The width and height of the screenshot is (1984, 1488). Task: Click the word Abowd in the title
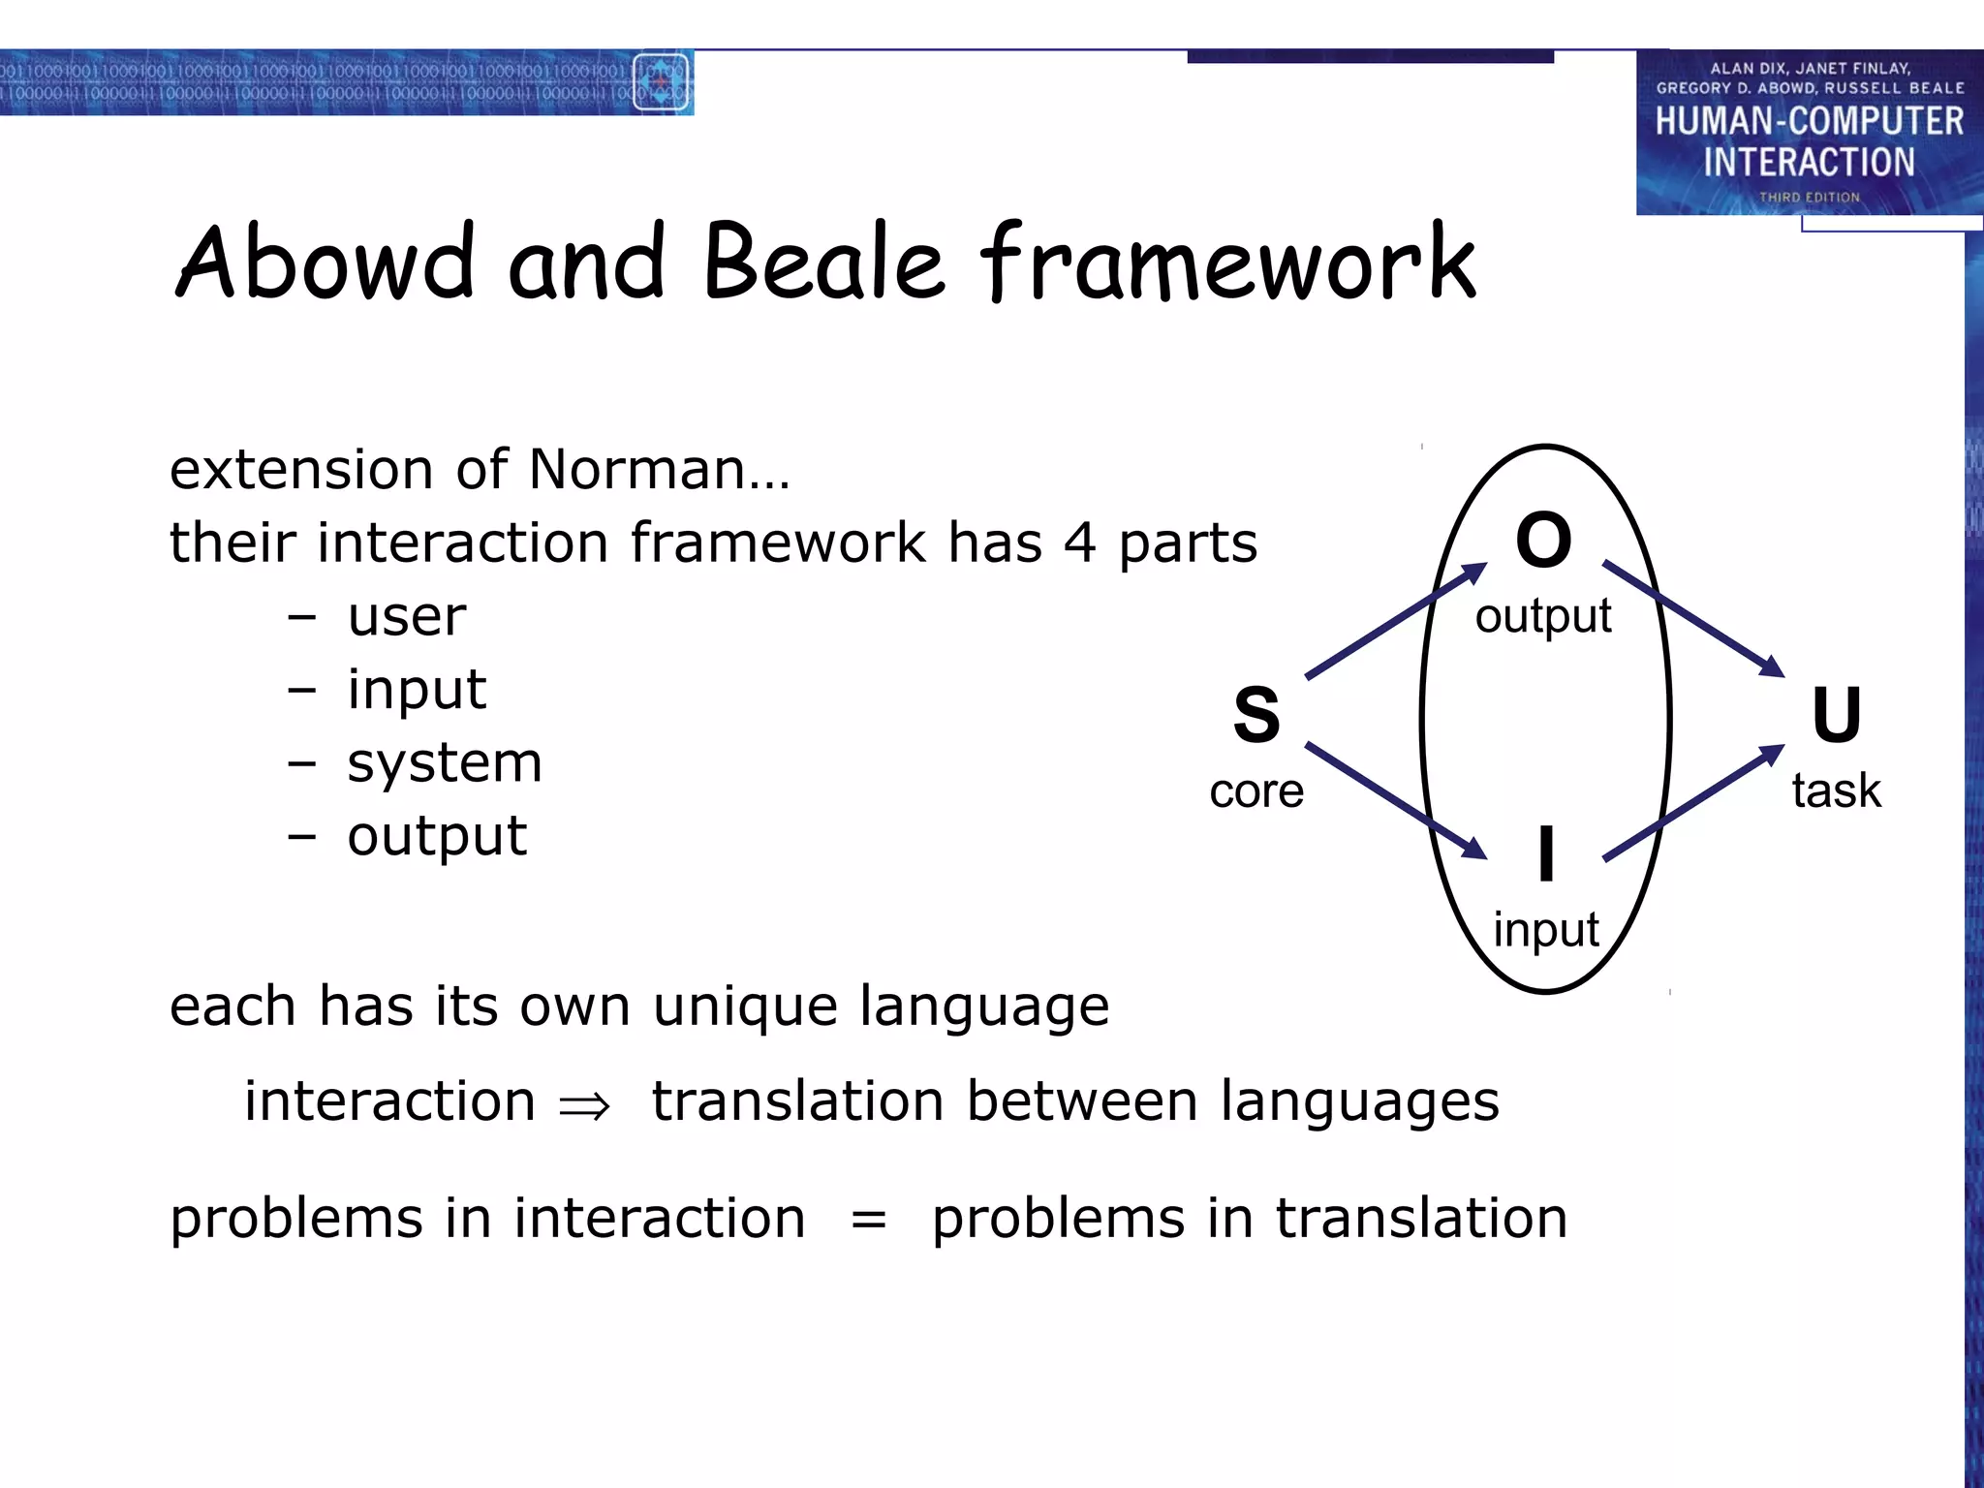click(325, 262)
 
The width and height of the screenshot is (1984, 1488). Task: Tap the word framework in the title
click(1227, 262)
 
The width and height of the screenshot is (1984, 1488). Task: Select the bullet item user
click(407, 617)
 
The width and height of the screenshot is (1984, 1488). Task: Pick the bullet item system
click(445, 763)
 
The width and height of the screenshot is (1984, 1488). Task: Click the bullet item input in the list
click(417, 691)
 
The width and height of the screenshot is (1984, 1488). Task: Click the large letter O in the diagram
click(1543, 541)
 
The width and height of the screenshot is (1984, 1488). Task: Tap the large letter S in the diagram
click(1256, 715)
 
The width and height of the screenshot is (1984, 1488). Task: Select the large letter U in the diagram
click(1836, 715)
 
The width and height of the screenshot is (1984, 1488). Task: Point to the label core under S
click(1256, 791)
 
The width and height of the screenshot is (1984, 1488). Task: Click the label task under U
click(1836, 790)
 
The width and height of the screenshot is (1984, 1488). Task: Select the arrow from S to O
click(1395, 621)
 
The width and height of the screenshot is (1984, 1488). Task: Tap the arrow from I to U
click(1693, 802)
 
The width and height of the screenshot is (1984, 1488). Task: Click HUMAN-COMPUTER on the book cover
click(1809, 122)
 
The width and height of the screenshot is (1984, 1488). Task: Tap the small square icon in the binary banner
click(661, 82)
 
